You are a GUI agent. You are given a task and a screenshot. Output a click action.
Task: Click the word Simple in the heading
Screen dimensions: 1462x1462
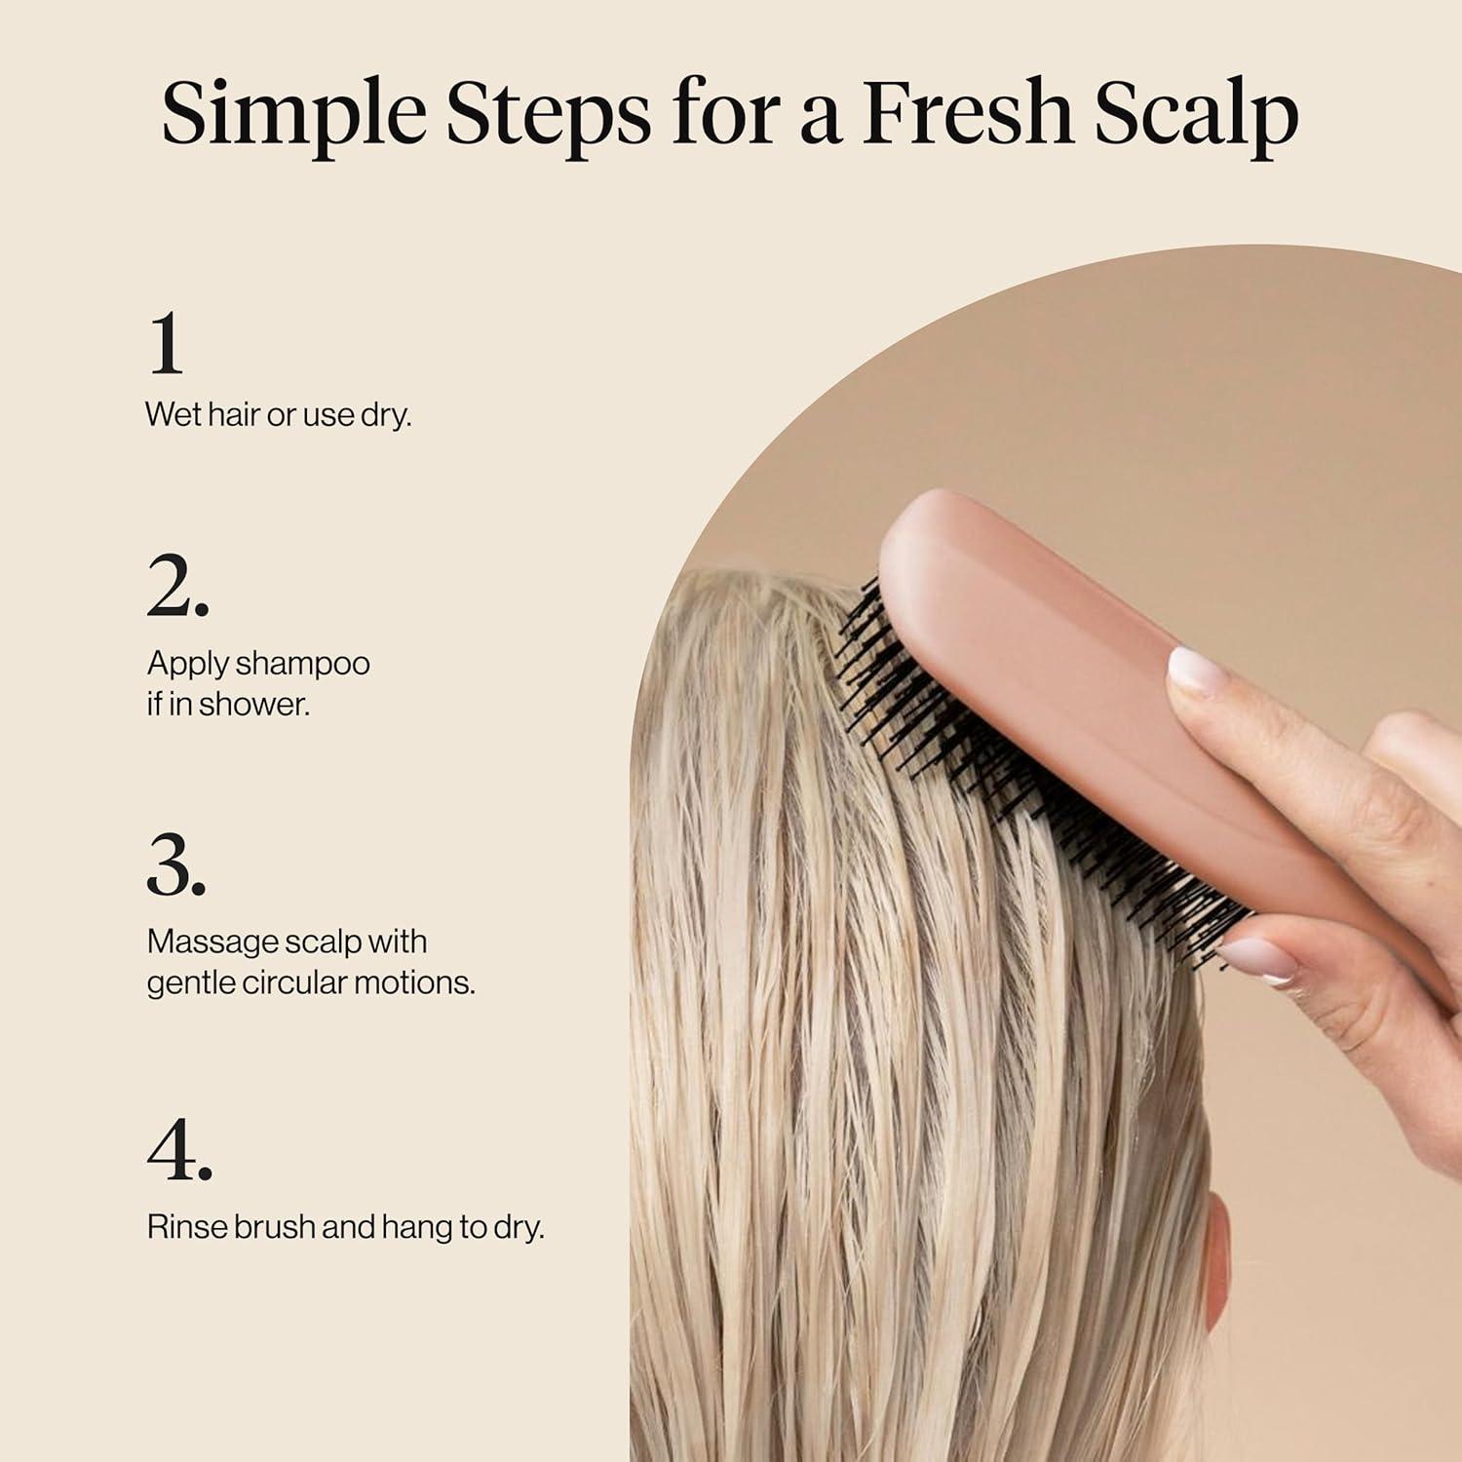[292, 115]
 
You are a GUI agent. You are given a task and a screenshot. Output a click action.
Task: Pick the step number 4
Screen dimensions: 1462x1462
[179, 1151]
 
